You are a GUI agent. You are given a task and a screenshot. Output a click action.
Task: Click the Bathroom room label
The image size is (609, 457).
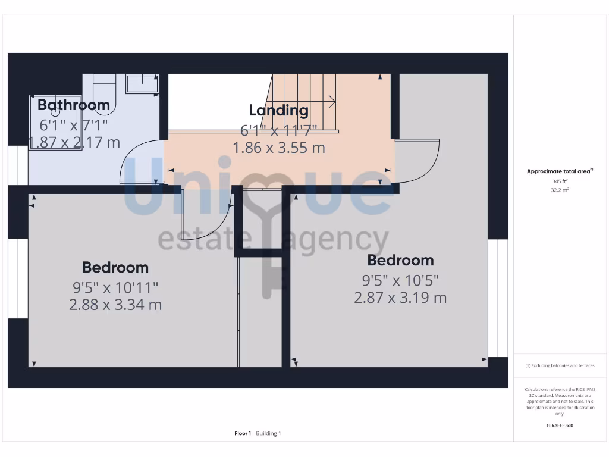(74, 105)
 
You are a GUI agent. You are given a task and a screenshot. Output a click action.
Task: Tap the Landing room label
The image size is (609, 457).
(278, 110)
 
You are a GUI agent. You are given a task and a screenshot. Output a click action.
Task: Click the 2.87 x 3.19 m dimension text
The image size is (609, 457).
(400, 298)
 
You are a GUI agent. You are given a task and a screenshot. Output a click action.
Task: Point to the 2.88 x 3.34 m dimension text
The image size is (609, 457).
(115, 305)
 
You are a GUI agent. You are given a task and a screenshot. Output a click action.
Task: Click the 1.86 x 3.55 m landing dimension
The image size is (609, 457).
(279, 148)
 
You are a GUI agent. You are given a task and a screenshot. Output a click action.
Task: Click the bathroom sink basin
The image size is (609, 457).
(142, 84)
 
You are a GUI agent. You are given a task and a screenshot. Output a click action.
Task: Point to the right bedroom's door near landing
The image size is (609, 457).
(418, 162)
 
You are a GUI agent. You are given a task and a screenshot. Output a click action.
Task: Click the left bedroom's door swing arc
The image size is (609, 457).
(205, 217)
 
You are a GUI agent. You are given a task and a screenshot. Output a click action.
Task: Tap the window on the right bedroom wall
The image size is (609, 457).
(498, 298)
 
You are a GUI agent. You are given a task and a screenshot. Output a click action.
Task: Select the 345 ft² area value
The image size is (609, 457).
(560, 181)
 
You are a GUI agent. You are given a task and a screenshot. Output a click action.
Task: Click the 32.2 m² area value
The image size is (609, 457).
(560, 190)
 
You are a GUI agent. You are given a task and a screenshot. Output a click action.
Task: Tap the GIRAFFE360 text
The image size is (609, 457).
(560, 425)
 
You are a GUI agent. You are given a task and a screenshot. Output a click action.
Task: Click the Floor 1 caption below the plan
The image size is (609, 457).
(243, 433)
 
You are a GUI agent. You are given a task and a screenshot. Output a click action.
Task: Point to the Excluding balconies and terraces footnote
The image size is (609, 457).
(560, 366)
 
